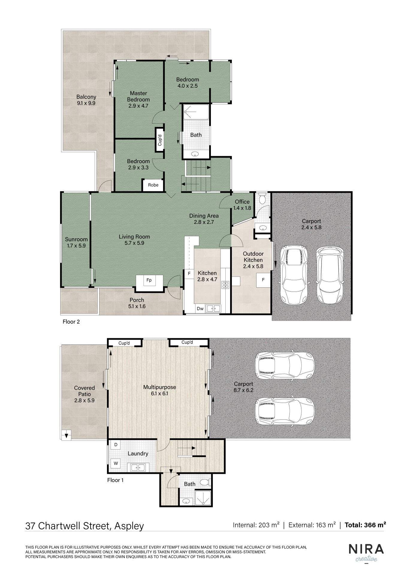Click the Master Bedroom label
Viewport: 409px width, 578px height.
pyautogui.click(x=138, y=99)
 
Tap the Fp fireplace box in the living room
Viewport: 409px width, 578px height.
pyautogui.click(x=149, y=280)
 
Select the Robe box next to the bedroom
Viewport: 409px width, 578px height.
pyautogui.click(x=153, y=185)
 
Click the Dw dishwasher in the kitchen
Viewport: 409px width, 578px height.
pyautogui.click(x=200, y=308)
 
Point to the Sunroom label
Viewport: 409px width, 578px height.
pyautogui.click(x=76, y=243)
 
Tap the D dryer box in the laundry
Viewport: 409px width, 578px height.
pyautogui.click(x=116, y=445)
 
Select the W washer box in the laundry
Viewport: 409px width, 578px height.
pyautogui.click(x=116, y=463)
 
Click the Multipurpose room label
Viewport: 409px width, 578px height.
pyautogui.click(x=159, y=390)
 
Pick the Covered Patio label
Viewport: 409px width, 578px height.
pyautogui.click(x=84, y=394)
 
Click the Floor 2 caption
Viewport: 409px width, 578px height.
pyautogui.click(x=71, y=322)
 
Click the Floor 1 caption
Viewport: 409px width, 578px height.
pyautogui.click(x=115, y=480)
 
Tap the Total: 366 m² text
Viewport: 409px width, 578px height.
pyautogui.click(x=365, y=525)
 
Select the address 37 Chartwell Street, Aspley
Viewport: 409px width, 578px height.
pyautogui.click(x=84, y=526)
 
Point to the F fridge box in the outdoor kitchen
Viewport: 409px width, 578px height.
pyautogui.click(x=263, y=280)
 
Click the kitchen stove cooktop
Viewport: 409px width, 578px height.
pyautogui.click(x=225, y=285)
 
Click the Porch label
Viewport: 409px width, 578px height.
pyautogui.click(x=137, y=303)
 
